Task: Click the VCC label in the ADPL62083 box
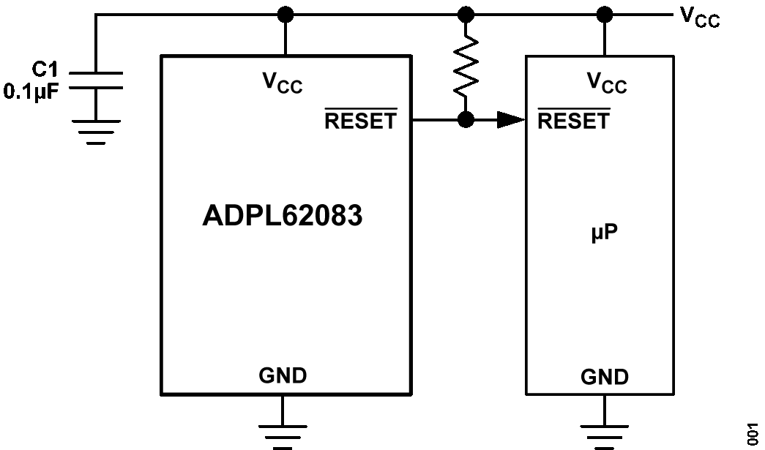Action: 282,83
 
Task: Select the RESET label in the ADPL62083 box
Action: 360,121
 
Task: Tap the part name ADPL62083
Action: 282,217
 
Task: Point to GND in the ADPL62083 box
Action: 283,376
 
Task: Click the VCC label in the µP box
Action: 606,83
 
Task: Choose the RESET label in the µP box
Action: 573,121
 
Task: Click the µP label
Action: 604,233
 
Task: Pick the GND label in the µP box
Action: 604,378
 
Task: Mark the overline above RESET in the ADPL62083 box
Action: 360,109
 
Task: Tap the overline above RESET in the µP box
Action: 573,109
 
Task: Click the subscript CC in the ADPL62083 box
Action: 290,88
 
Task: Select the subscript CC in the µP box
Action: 614,88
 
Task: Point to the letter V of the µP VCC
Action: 594,80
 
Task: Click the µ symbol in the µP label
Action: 597,235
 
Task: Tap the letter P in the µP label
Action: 611,233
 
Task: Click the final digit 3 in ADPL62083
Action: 354,217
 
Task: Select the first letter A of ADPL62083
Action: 212,217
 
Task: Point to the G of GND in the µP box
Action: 589,378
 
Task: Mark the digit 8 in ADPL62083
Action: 337,217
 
